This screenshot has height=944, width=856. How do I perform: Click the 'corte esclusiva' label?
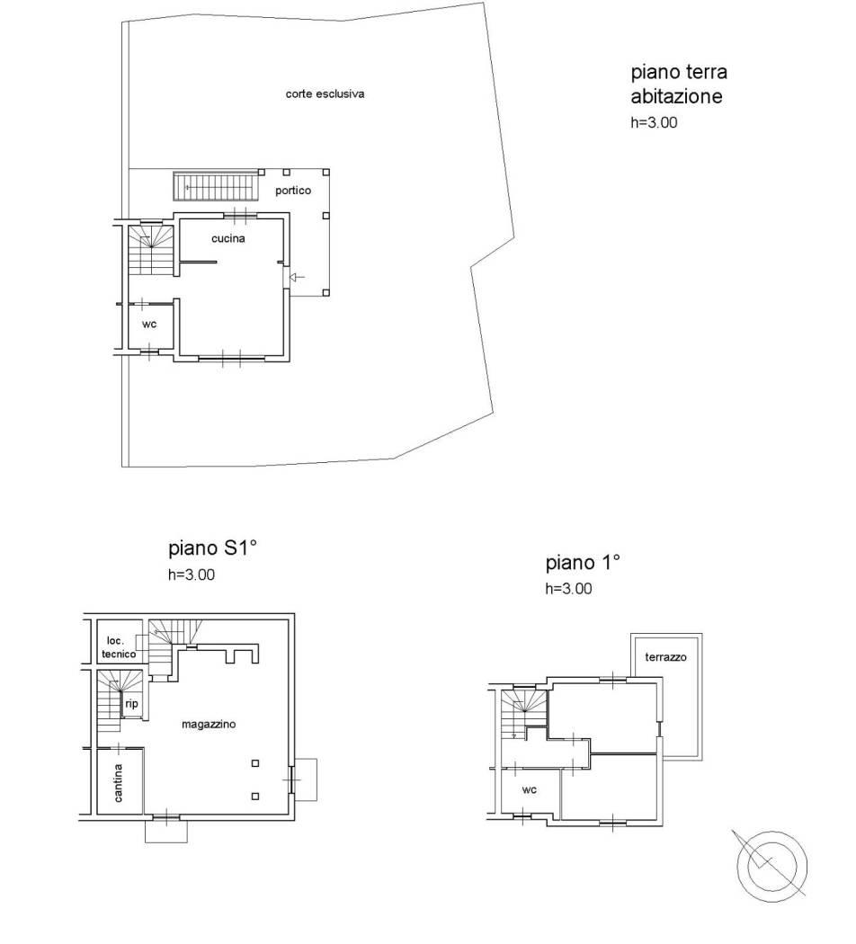325,94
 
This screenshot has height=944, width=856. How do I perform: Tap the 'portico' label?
293,191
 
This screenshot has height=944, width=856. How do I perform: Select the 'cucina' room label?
228,238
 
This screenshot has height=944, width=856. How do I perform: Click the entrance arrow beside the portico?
298,277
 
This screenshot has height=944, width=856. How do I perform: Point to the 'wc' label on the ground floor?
149,325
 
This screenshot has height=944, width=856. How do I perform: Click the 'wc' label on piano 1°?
529,790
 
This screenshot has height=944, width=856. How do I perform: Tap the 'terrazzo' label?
665,657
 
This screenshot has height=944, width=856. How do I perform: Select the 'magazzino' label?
209,725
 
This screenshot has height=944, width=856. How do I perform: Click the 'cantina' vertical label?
119,783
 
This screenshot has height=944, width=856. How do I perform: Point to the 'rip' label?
131,703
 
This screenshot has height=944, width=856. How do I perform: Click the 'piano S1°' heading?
212,548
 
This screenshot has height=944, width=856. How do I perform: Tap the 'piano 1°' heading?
583,563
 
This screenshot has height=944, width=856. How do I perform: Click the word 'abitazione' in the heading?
676,96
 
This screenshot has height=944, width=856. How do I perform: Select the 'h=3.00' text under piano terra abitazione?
654,123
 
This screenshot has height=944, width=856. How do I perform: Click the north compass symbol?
771,867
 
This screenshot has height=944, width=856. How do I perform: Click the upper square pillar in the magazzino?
255,763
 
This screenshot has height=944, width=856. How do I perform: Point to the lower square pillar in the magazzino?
255,796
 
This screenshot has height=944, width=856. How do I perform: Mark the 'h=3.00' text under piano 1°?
568,589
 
